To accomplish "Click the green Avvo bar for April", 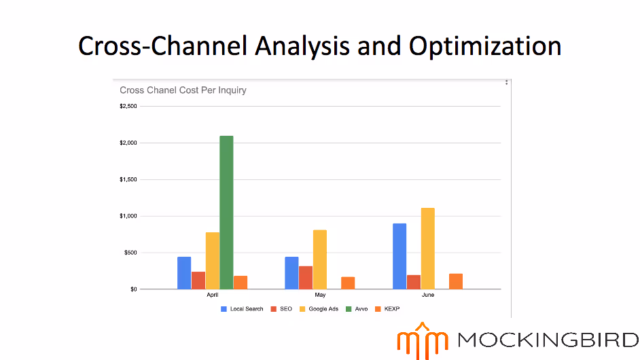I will point(226,213).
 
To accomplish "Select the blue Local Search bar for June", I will point(399,256).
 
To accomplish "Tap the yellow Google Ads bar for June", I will point(427,249).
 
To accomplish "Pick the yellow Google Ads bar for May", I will point(320,259).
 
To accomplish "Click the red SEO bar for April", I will point(198,281).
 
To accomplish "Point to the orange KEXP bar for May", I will point(348,283).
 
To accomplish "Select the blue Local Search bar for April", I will point(184,273).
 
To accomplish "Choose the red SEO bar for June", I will point(414,282).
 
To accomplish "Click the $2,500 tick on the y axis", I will point(128,106).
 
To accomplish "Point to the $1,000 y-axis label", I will point(128,216).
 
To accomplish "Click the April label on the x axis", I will point(213,295).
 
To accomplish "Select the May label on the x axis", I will point(320,295).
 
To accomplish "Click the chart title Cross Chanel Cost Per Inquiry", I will point(183,90).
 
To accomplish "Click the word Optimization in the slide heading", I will point(484,46).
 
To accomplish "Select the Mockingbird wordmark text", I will point(548,339).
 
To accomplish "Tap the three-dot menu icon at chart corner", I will point(506,82).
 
